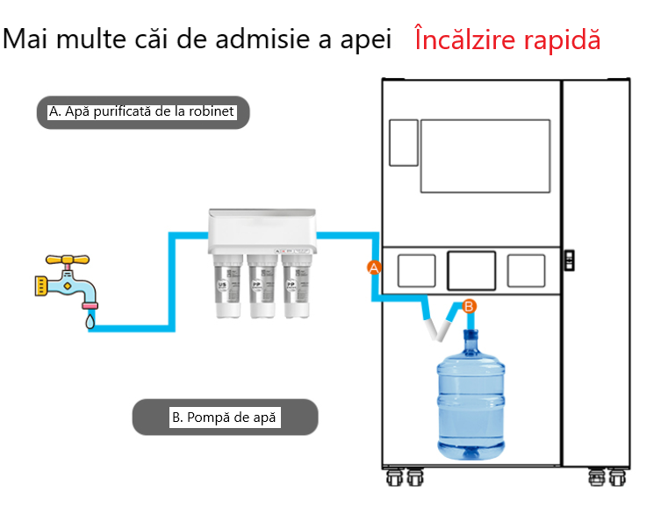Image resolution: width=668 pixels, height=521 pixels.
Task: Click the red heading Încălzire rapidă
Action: pyautogui.click(x=507, y=40)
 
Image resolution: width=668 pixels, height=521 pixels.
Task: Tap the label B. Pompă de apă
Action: pyautogui.click(x=224, y=418)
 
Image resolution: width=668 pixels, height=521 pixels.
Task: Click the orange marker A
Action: pyautogui.click(x=373, y=268)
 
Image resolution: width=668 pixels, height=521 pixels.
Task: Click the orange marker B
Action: pyautogui.click(x=469, y=306)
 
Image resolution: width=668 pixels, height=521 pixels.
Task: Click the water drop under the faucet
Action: pyautogui.click(x=89, y=322)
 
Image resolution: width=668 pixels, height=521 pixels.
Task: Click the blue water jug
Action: pyautogui.click(x=472, y=399)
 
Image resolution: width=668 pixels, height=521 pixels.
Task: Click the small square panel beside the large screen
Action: pyautogui.click(x=403, y=142)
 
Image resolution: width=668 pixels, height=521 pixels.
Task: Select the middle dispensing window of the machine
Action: pyautogui.click(x=471, y=271)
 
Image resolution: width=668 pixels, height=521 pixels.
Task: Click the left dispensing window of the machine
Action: pyautogui.click(x=416, y=271)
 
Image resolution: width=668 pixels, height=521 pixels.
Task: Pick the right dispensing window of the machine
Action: pyautogui.click(x=526, y=271)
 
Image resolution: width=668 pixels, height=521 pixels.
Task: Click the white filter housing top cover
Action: pyautogui.click(x=262, y=225)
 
